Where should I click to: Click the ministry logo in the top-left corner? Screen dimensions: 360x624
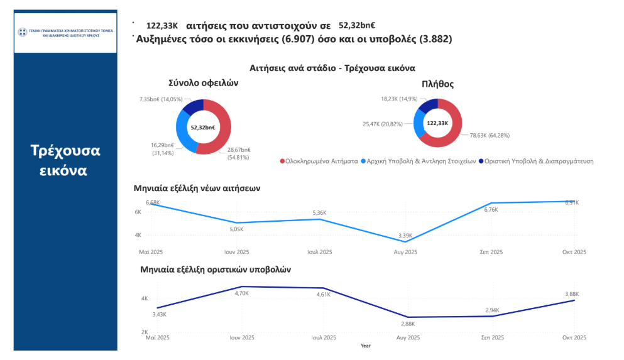tap(23, 31)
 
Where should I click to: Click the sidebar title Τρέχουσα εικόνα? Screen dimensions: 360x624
tap(65, 161)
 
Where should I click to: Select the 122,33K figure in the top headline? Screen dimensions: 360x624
tap(162, 26)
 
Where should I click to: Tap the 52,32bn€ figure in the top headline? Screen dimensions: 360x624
tap(357, 26)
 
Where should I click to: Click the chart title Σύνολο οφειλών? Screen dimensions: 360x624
tap(203, 83)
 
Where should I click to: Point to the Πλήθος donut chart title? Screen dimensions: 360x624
tap(439, 84)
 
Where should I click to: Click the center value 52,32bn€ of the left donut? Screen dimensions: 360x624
tap(203, 127)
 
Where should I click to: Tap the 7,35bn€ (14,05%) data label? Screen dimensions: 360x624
tap(160, 99)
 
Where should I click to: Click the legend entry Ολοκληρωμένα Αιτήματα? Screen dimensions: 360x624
tap(318, 161)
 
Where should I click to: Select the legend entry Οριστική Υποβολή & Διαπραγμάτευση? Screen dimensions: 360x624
tap(535, 161)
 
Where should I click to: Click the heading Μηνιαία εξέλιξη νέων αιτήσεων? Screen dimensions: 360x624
tap(197, 188)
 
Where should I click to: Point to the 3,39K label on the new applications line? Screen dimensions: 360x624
tap(406, 236)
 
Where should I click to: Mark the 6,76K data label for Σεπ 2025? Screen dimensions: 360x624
tap(491, 210)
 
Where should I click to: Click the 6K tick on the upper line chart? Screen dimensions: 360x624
tap(138, 212)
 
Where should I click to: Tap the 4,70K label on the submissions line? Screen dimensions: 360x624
tap(242, 293)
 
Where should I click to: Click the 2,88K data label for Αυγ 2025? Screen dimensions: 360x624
tap(408, 324)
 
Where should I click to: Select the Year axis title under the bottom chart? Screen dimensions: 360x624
tap(365, 346)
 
